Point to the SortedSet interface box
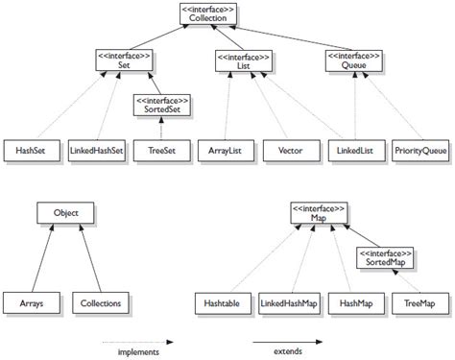(161, 105)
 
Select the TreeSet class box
(161, 152)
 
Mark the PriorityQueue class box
(419, 152)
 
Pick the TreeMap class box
(419, 303)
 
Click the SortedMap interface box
(384, 256)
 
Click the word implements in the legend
(138, 352)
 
